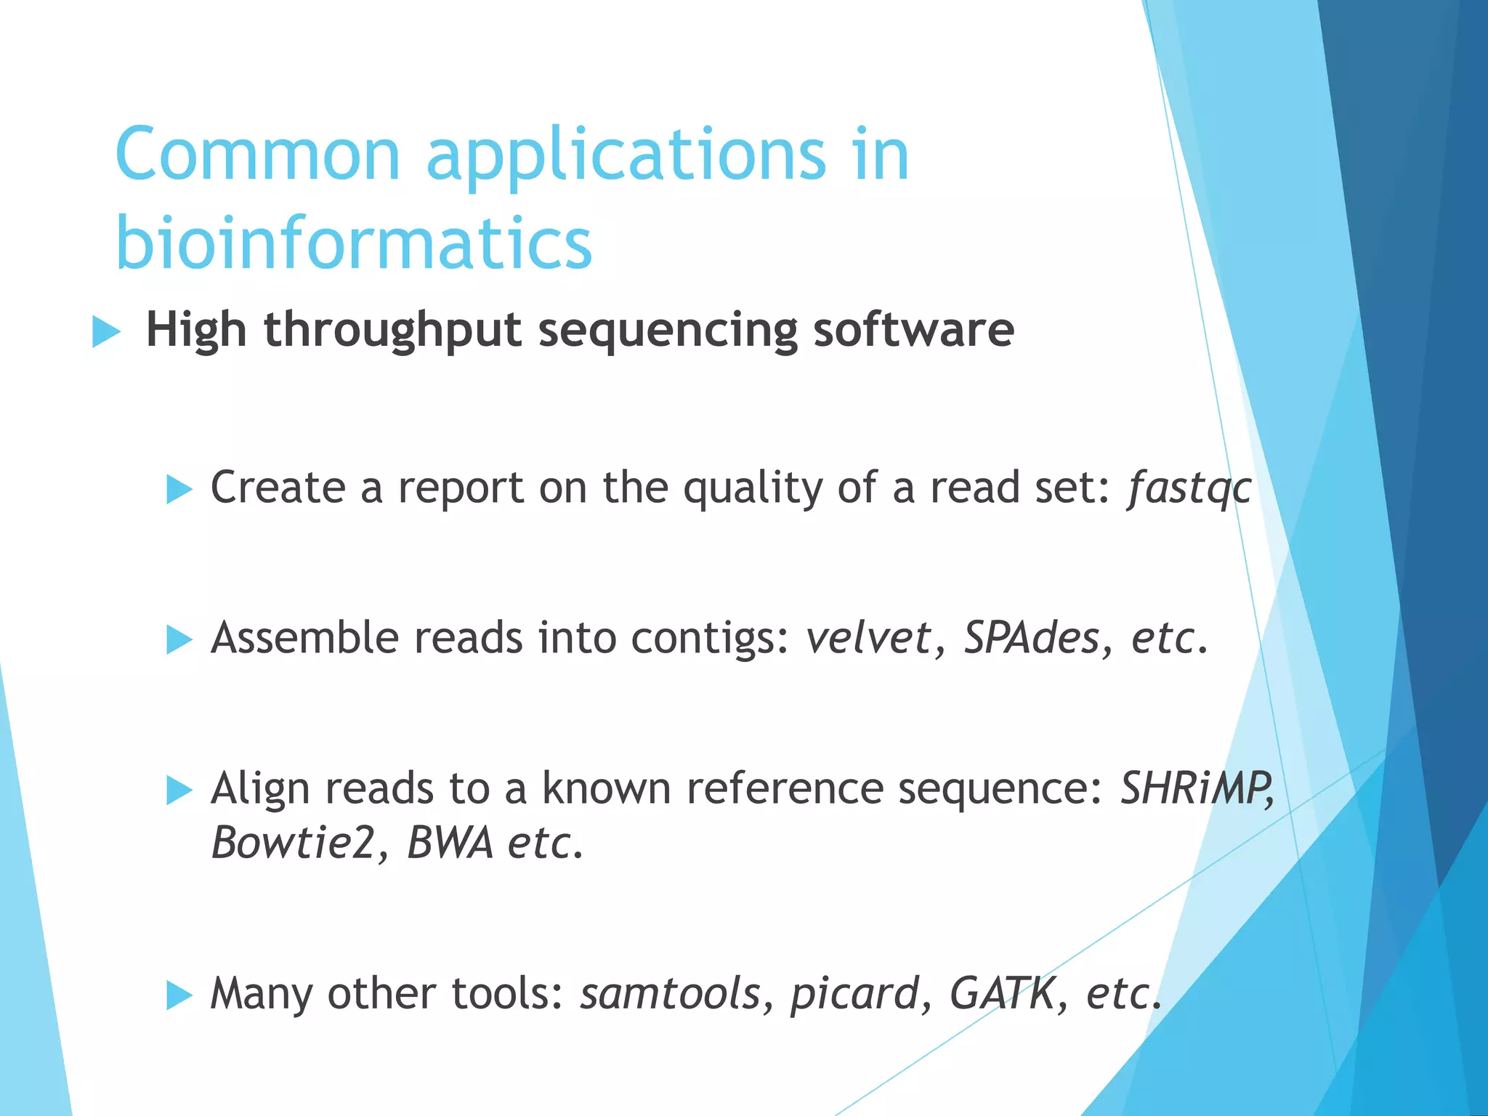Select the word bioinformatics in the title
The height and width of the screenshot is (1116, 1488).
coord(354,243)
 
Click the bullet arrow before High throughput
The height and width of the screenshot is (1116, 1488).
coord(106,333)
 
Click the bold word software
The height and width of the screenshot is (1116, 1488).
coord(913,331)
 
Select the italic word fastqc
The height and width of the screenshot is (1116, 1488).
coord(1189,488)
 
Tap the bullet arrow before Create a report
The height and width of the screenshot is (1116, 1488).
coord(179,489)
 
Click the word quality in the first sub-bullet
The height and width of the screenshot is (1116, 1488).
coord(752,488)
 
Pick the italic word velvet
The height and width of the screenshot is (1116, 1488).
coord(868,638)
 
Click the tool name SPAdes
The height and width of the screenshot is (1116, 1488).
coord(1031,638)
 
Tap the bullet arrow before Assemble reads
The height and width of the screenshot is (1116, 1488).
coord(179,639)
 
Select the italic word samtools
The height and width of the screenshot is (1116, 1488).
coord(669,994)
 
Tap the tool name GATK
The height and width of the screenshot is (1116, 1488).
coord(1002,994)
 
